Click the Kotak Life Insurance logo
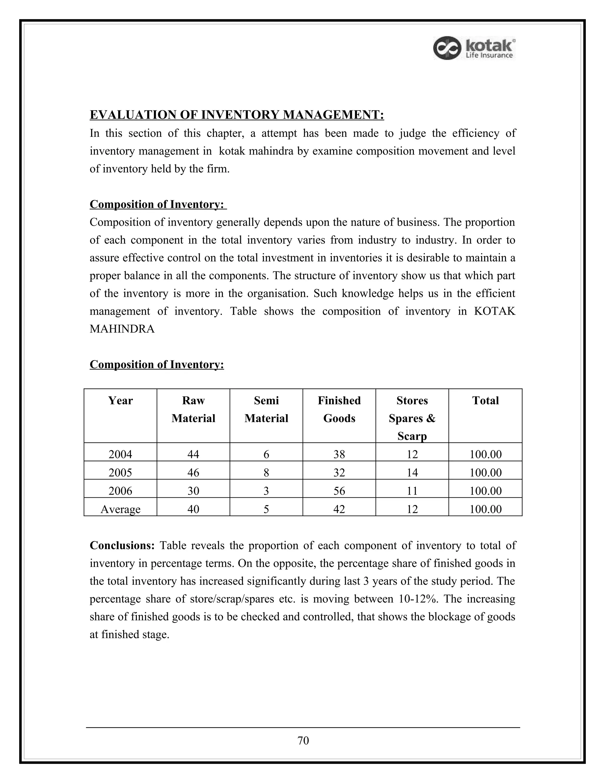click(474, 48)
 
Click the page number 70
click(303, 740)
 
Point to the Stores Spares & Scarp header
click(412, 418)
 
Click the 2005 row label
click(121, 472)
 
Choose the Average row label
click(121, 509)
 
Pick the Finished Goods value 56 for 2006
click(339, 490)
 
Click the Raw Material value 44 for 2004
click(193, 454)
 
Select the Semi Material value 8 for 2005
click(266, 472)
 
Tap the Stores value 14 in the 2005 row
click(412, 472)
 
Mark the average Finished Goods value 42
click(339, 509)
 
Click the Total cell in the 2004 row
click(485, 454)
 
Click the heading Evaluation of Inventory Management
click(237, 115)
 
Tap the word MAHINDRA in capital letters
click(122, 329)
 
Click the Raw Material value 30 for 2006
click(193, 490)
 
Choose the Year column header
click(121, 400)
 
